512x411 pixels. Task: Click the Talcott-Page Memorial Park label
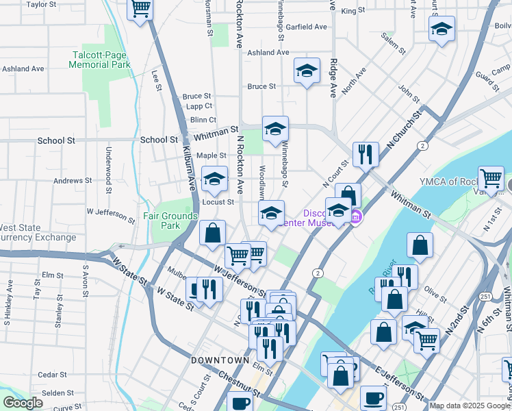pyautogui.click(x=99, y=60)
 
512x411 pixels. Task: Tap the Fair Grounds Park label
pyautogui.click(x=161, y=221)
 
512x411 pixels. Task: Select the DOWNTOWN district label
pyautogui.click(x=220, y=360)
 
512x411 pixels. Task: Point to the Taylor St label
pyautogui.click(x=41, y=4)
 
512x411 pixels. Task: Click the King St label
pyautogui.click(x=353, y=11)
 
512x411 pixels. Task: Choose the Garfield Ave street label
pyautogui.click(x=307, y=27)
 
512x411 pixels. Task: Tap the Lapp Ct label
pyautogui.click(x=199, y=106)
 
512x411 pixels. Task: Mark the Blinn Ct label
pyautogui.click(x=203, y=120)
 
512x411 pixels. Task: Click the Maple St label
pyautogui.click(x=212, y=155)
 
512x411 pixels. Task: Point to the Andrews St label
pyautogui.click(x=73, y=181)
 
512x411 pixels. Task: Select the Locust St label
pyautogui.click(x=218, y=202)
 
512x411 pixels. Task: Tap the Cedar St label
pyautogui.click(x=52, y=375)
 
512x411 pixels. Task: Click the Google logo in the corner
pyautogui.click(x=23, y=403)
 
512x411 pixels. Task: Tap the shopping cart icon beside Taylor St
pyautogui.click(x=140, y=9)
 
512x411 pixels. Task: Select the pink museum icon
pyautogui.click(x=355, y=219)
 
